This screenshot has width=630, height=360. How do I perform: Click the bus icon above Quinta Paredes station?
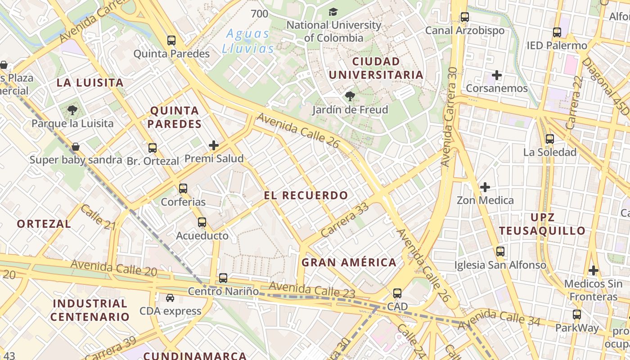(x=171, y=40)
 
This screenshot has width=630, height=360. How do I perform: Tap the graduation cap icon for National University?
(x=333, y=12)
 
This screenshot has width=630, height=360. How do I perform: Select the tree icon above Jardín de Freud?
(x=350, y=96)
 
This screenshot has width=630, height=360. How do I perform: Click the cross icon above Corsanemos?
(x=497, y=75)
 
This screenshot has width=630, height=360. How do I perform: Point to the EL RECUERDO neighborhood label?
(x=306, y=195)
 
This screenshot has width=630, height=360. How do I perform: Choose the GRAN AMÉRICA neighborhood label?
(x=349, y=262)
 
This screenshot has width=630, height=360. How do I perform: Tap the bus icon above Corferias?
(x=183, y=189)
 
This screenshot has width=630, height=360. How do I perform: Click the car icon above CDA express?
(x=170, y=298)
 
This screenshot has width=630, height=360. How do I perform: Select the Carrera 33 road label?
(x=345, y=220)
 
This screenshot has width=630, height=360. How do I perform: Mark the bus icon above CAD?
(x=397, y=293)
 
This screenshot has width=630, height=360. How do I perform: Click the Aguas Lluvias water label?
(x=248, y=41)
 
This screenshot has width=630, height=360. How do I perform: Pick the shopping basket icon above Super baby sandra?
(x=76, y=147)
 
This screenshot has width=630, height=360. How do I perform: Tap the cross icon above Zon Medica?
(x=485, y=187)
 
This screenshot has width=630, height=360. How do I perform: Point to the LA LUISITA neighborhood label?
(x=90, y=82)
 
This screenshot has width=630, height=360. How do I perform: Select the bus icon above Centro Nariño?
(x=223, y=278)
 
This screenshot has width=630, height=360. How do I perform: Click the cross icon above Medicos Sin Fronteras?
(x=594, y=270)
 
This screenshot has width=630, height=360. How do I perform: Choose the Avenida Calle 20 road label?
(x=113, y=268)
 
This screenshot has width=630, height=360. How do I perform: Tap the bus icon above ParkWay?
(x=577, y=315)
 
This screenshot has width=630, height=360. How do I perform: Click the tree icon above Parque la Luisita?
(x=72, y=110)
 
